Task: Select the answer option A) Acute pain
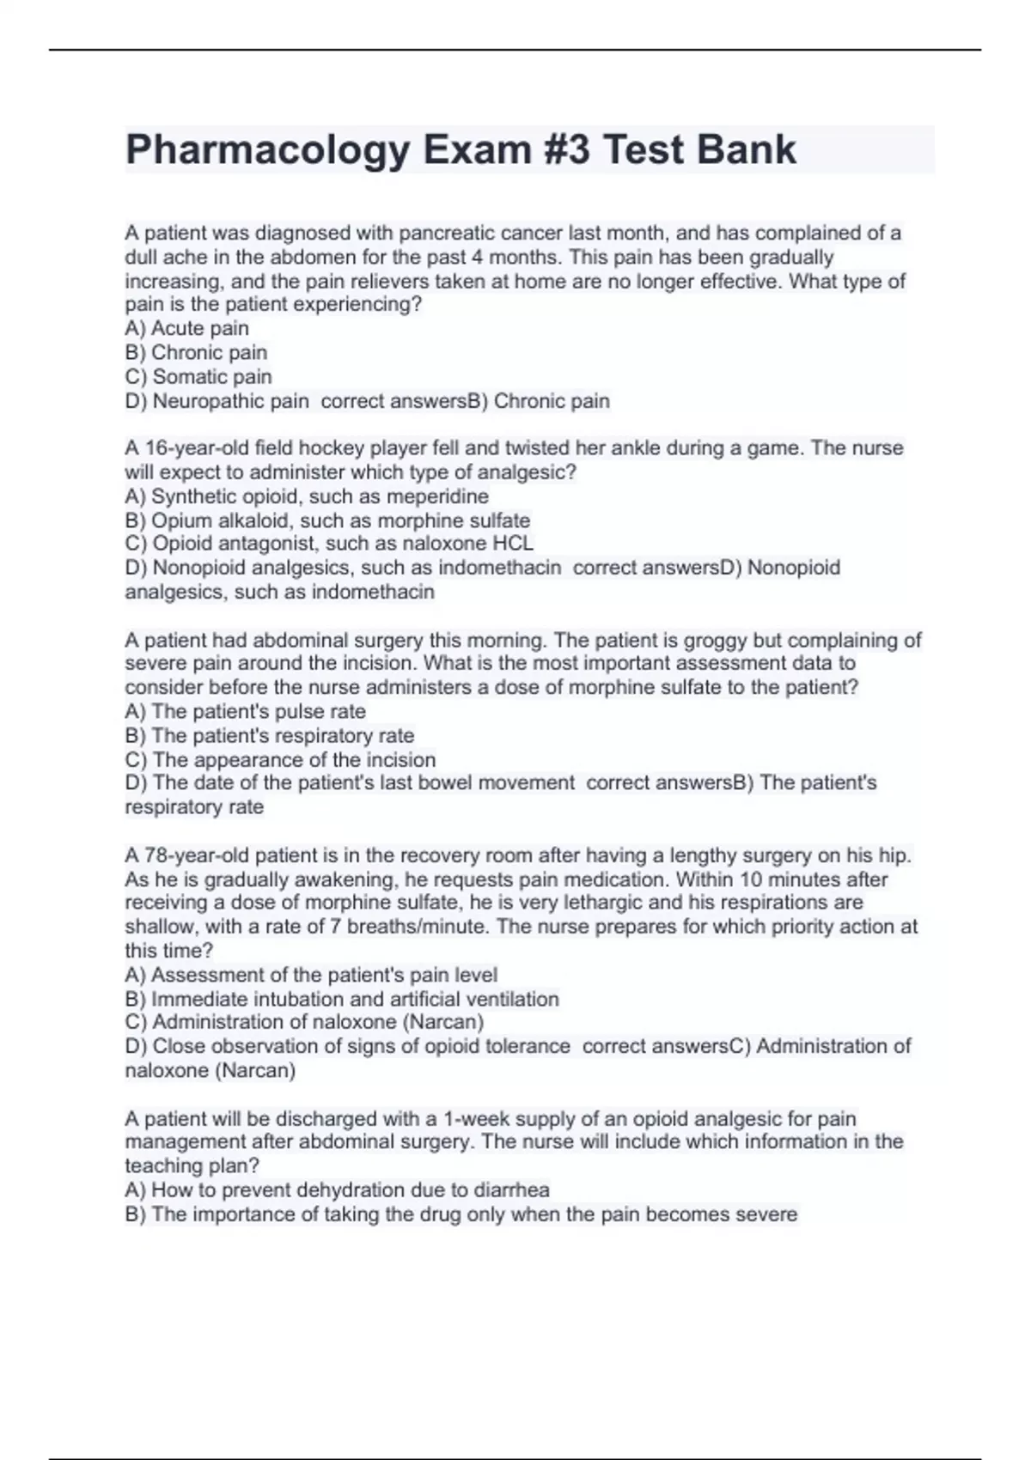coord(186,328)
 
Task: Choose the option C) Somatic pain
coord(198,376)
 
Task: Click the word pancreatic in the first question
coord(447,233)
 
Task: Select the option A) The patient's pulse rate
coord(245,711)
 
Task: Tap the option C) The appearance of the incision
coord(280,760)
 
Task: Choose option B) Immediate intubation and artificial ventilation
coord(342,999)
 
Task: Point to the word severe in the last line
coord(766,1214)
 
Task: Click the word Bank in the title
coord(747,150)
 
